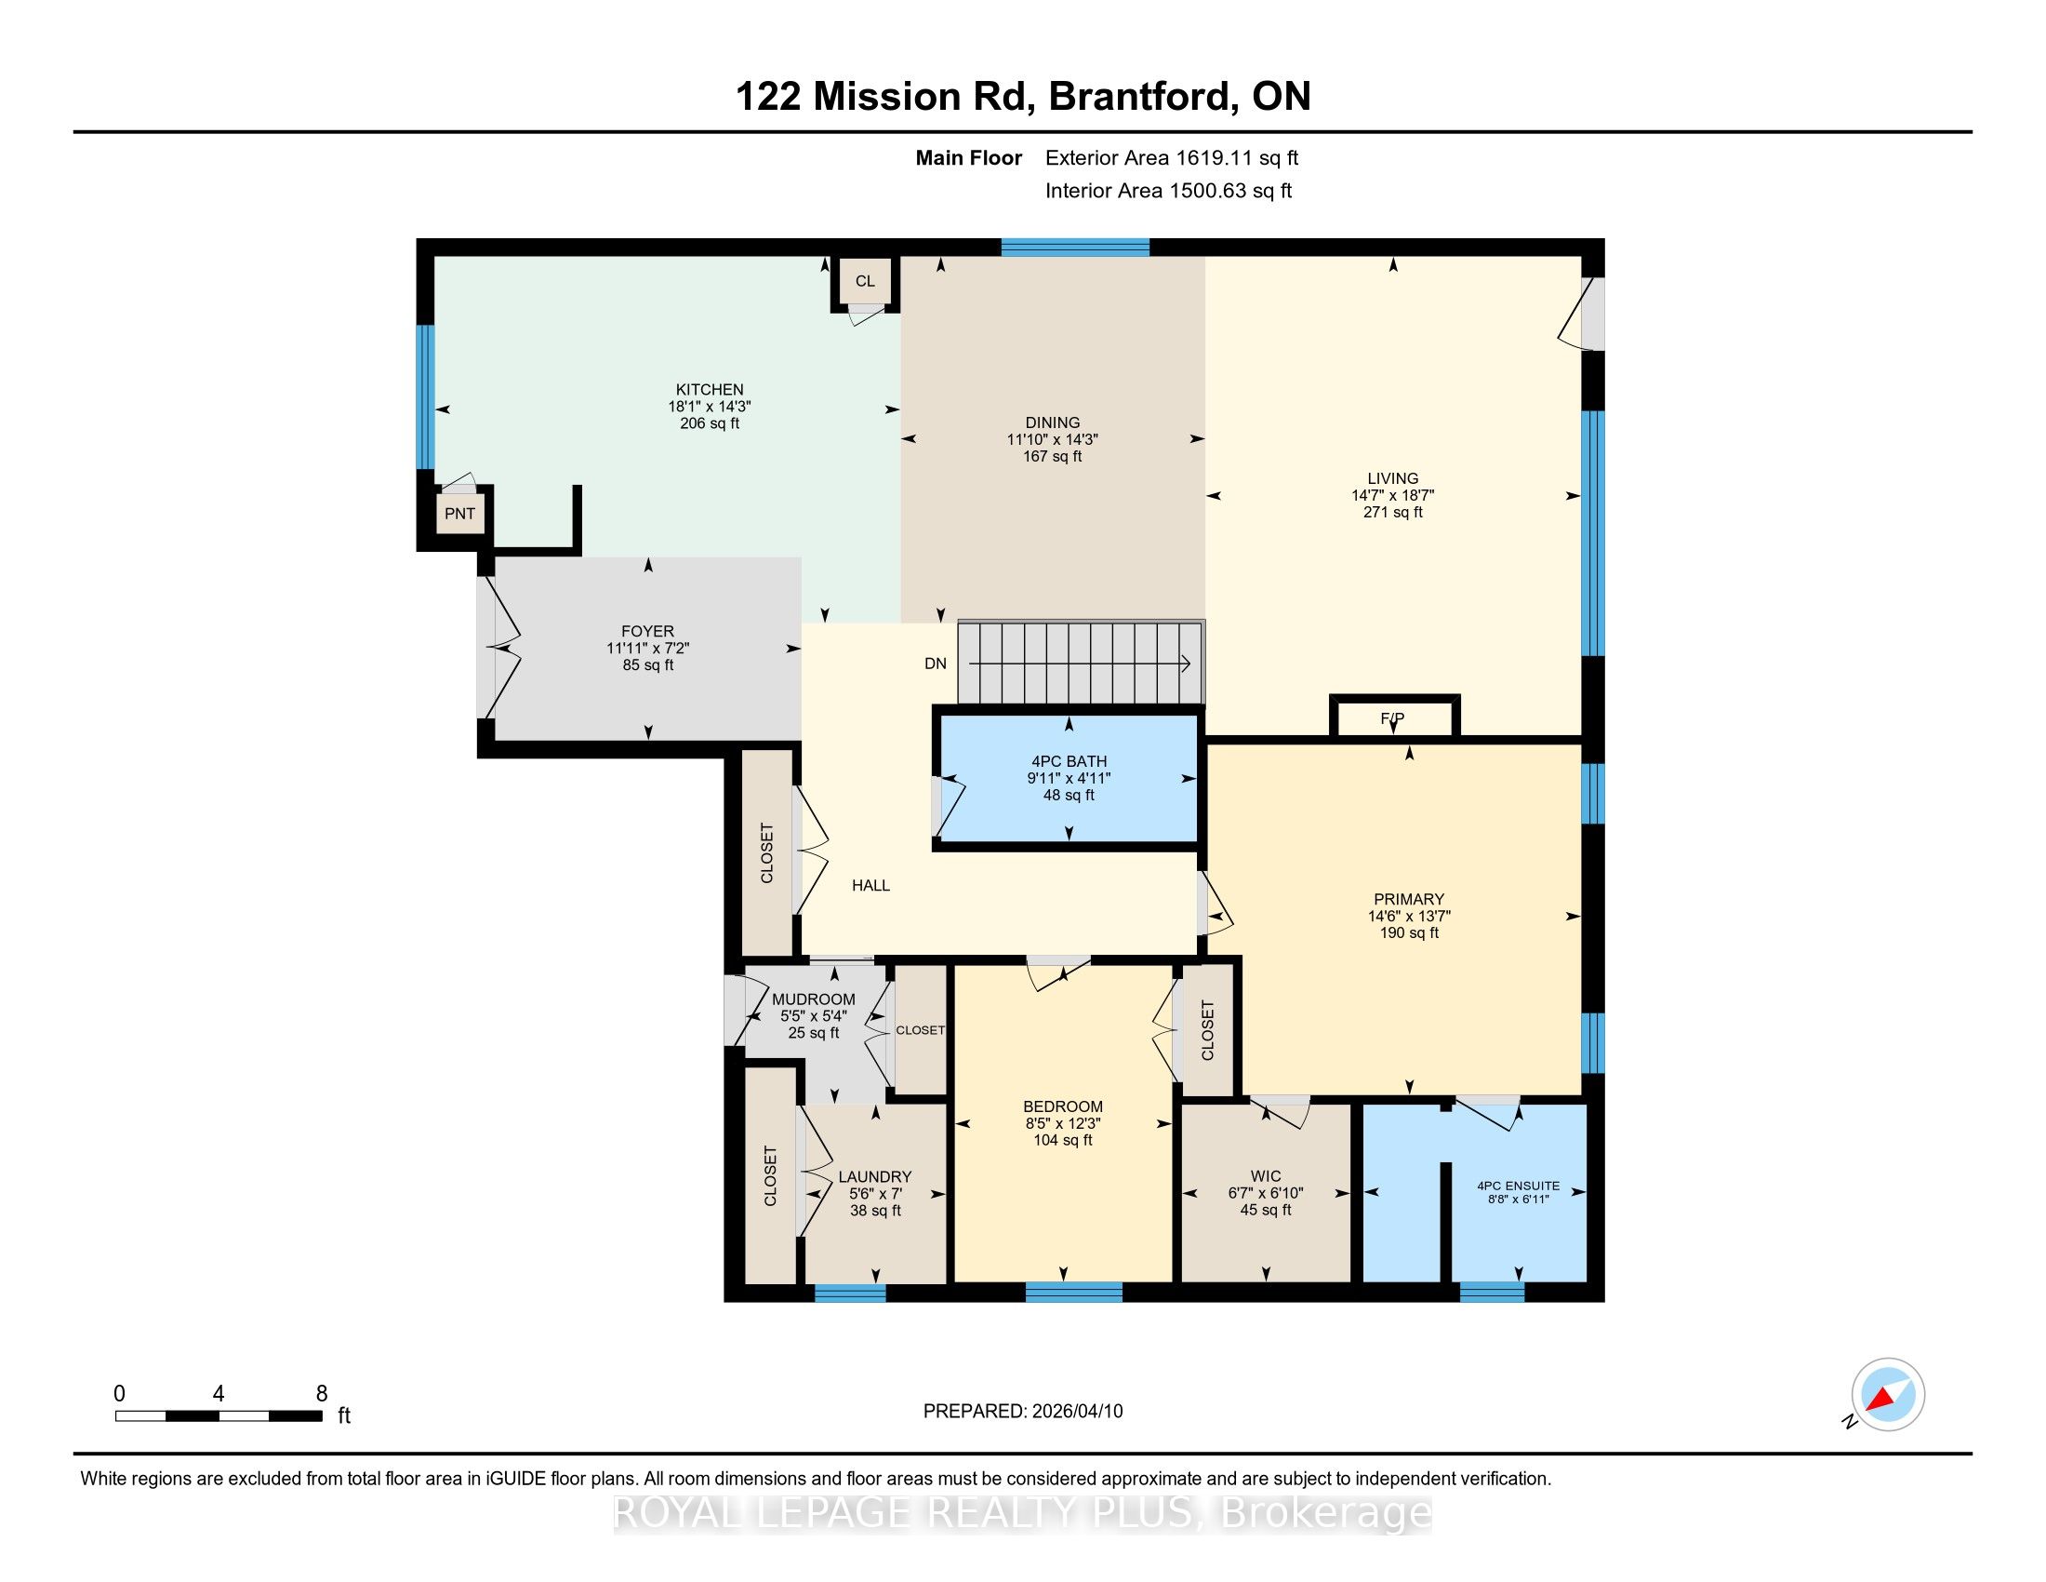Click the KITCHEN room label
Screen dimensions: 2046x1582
[711, 390]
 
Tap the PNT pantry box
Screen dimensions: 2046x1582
[460, 514]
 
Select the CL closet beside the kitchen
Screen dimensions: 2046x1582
[865, 281]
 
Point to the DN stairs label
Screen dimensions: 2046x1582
[936, 664]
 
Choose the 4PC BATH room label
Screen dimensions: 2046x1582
[1069, 761]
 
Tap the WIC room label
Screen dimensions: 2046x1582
[1266, 1175]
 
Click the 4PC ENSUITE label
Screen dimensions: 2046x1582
[1519, 1186]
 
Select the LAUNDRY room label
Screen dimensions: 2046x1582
[875, 1177]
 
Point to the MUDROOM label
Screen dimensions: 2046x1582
[813, 1000]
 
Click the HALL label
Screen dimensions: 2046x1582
[870, 886]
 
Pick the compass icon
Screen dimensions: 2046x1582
[1888, 1395]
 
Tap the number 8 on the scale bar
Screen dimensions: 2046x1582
[322, 1394]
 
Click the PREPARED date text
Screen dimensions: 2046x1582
[1023, 1412]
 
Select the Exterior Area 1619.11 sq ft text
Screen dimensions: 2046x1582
[1172, 158]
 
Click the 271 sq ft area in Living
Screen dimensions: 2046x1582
[1393, 513]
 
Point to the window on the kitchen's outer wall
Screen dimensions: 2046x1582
[425, 396]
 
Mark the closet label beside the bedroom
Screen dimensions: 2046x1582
[1207, 1031]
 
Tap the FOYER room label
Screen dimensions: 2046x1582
[647, 632]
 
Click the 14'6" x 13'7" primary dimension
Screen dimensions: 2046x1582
[1409, 917]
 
